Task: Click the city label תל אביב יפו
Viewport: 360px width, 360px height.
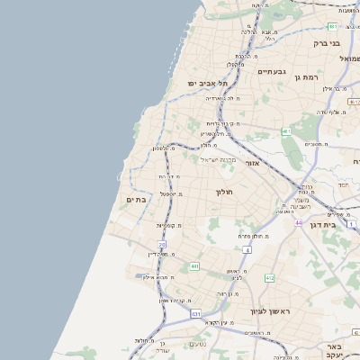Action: point(205,83)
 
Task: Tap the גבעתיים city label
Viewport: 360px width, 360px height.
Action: point(271,71)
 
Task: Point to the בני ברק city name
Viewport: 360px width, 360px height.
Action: point(326,42)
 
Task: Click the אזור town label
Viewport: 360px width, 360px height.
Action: point(252,163)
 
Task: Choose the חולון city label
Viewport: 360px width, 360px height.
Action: point(224,192)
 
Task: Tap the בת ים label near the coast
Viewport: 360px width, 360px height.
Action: point(136,199)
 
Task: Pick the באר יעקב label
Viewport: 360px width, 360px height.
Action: point(335,351)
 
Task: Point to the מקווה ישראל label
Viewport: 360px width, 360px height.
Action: point(213,159)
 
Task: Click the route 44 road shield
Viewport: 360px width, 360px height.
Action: point(298,222)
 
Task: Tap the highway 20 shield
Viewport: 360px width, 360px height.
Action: point(163,244)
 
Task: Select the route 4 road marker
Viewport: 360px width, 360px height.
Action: point(247,248)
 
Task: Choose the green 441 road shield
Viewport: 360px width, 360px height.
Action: point(194,266)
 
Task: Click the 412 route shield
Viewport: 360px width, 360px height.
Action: point(269,278)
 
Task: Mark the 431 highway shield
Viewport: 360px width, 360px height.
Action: point(195,313)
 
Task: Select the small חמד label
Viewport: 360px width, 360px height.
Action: point(342,184)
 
